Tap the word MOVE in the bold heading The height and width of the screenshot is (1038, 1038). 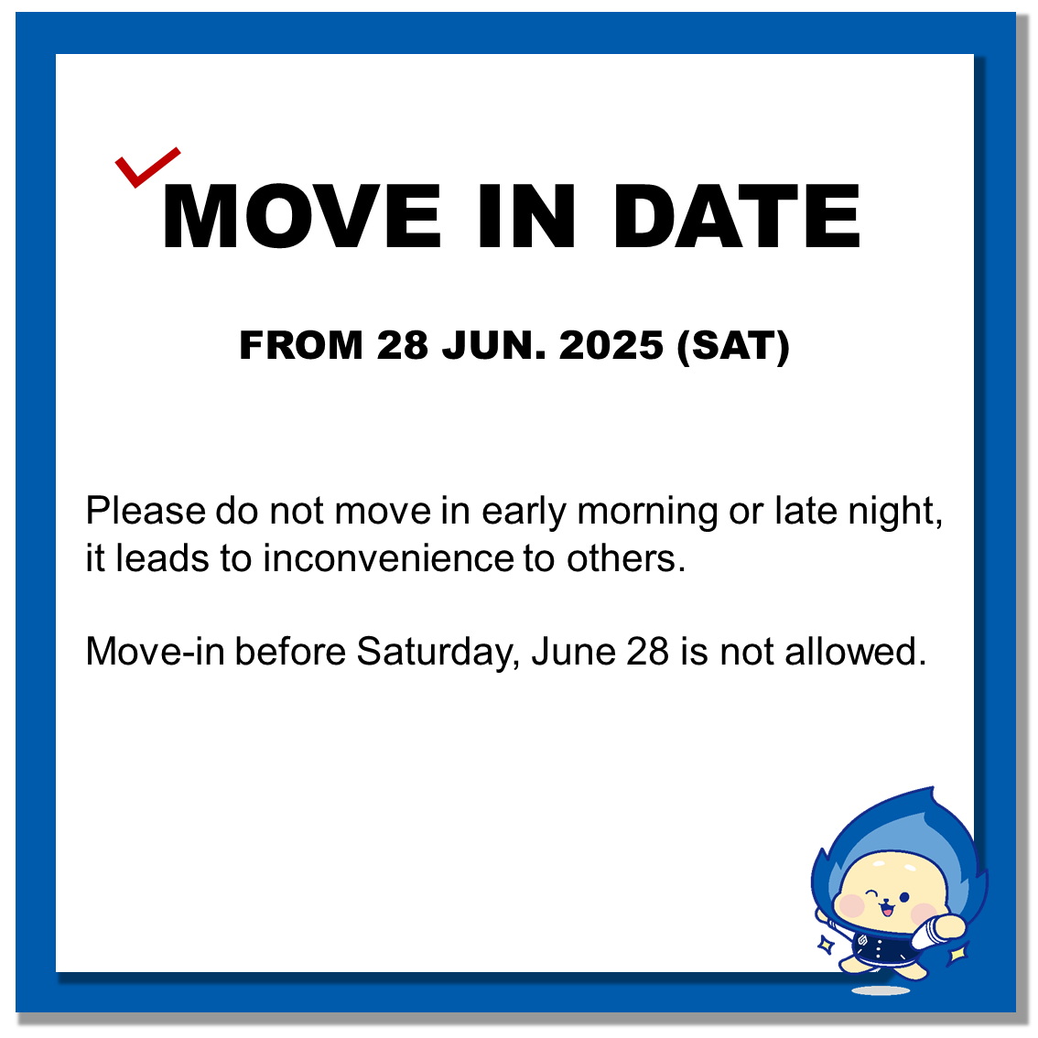(302, 216)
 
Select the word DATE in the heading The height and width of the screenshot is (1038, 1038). (737, 216)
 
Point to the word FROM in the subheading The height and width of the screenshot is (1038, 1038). (301, 345)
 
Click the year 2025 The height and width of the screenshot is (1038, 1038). (611, 345)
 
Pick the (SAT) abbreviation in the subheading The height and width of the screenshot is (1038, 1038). (733, 346)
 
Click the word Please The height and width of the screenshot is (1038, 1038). (146, 511)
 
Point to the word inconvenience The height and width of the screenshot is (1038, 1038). (389, 558)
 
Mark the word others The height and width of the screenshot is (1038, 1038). (626, 558)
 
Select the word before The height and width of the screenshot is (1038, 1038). (290, 652)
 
